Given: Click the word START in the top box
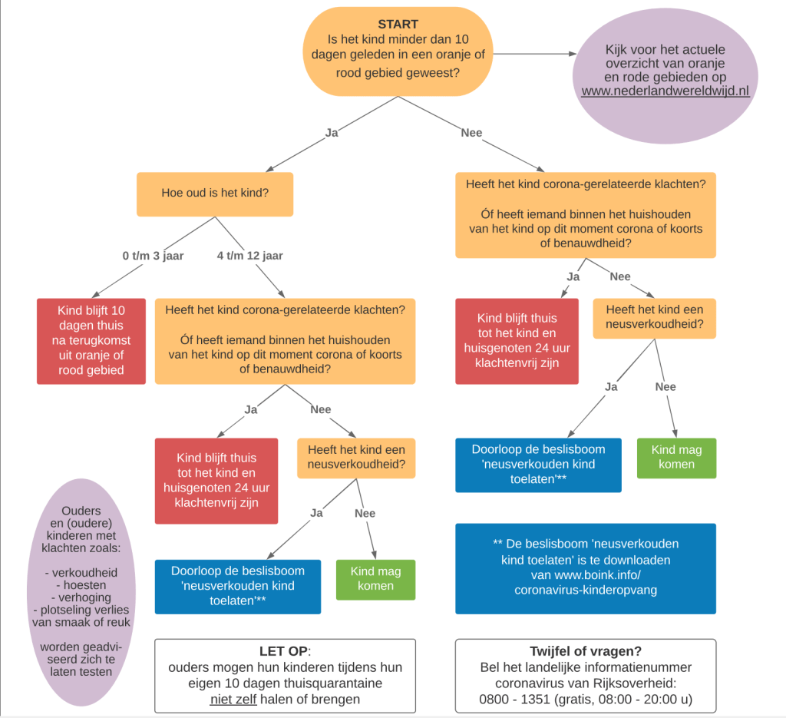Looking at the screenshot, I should tap(397, 25).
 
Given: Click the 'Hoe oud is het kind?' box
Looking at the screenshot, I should tap(215, 194).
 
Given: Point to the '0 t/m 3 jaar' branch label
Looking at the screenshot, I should tap(153, 256).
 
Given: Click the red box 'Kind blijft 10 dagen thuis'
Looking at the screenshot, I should tap(91, 341).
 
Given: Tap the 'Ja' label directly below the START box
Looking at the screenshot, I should tap(332, 133).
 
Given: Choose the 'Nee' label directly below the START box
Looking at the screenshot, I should tap(471, 133).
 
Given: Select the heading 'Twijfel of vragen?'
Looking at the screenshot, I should tap(585, 651).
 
